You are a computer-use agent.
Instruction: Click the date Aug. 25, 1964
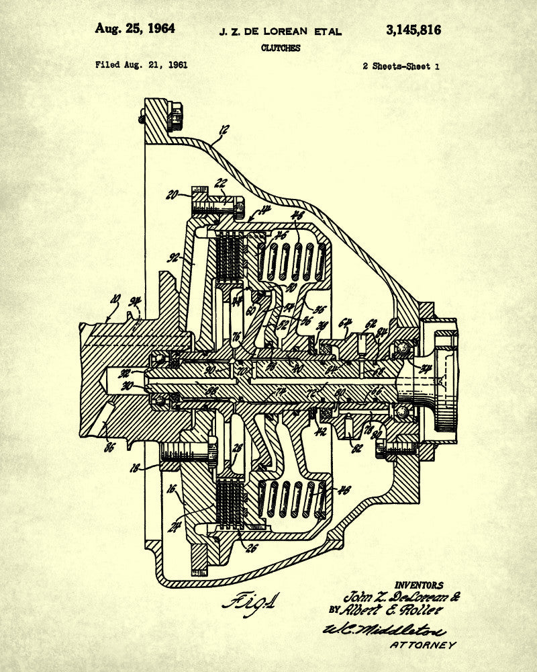[134, 29]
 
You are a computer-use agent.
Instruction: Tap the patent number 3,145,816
[413, 30]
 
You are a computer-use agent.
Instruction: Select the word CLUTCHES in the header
[281, 48]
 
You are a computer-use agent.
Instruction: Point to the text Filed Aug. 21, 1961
[141, 65]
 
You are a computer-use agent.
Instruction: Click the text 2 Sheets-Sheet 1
[401, 66]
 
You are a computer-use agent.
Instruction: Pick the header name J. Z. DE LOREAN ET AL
[281, 32]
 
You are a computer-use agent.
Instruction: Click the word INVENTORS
[419, 585]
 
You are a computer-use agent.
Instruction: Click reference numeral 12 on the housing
[224, 130]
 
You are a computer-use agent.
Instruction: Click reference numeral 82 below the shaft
[356, 447]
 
